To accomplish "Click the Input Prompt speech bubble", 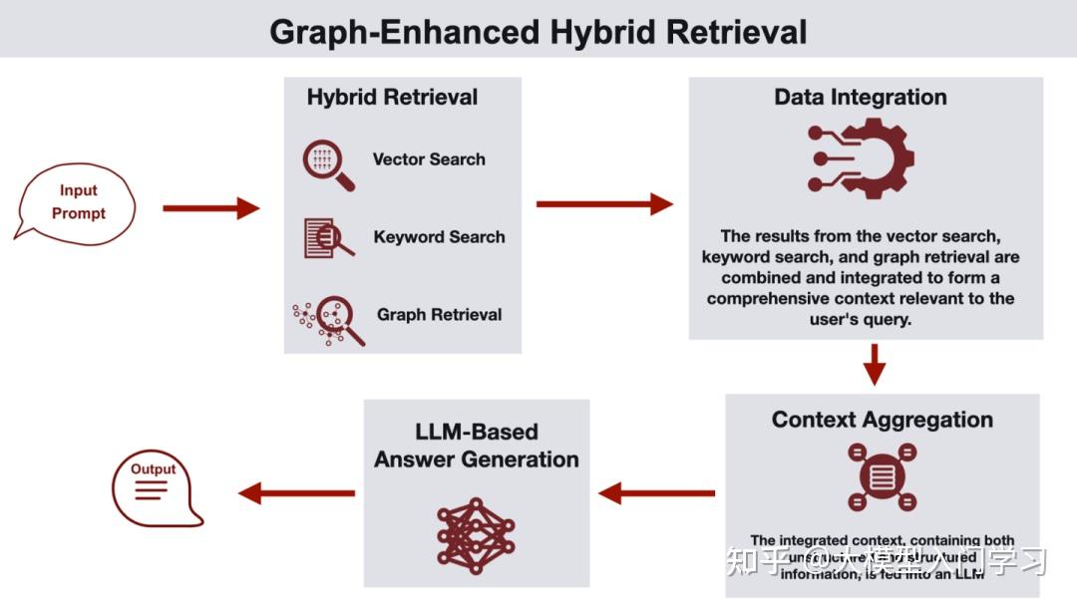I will pyautogui.click(x=77, y=201).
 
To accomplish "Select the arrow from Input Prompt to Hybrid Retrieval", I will pyautogui.click(x=210, y=208).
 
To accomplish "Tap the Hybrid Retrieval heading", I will pyautogui.click(x=392, y=98).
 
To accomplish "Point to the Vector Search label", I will pyautogui.click(x=429, y=159).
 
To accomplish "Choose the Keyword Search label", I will pyautogui.click(x=439, y=237).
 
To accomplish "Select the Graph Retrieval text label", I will pyautogui.click(x=439, y=315).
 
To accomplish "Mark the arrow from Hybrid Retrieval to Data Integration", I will pyautogui.click(x=604, y=204).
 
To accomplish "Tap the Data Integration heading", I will pyautogui.click(x=861, y=98).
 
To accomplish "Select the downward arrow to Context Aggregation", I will pyautogui.click(x=875, y=364).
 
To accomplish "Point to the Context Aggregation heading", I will pyautogui.click(x=882, y=420).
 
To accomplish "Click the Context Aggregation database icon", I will pyautogui.click(x=882, y=476).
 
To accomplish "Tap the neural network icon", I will pyautogui.click(x=476, y=536).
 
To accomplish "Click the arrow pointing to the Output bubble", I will pyautogui.click(x=296, y=492).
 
